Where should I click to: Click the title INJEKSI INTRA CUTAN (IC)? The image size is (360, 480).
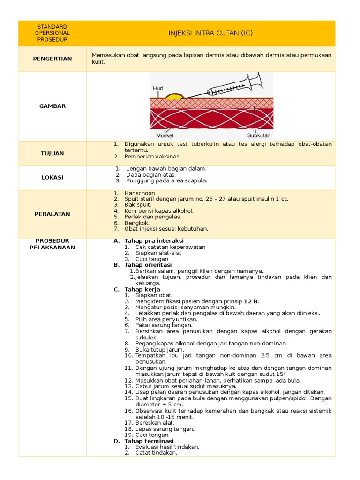pos(210,33)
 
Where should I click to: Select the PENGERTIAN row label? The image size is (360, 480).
pos(52,59)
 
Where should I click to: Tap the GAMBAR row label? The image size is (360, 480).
pos(52,106)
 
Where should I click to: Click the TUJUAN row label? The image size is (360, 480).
pos(52,153)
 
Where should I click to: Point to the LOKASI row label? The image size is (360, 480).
pos(52,178)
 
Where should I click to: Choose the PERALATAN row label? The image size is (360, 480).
pos(52,214)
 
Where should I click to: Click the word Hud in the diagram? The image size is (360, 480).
pos(158,88)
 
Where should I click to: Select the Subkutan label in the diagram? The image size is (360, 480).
pos(259,135)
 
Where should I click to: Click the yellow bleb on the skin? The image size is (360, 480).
pos(175,97)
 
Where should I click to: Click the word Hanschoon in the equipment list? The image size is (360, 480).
pos(140,193)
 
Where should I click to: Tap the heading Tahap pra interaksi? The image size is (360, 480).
pos(154,241)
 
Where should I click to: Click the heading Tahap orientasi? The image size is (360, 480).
pos(148,265)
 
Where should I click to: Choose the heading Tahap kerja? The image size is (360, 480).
pos(142,289)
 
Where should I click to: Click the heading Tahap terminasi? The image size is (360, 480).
pos(149,441)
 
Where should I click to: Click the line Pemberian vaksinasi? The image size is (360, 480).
pos(153,157)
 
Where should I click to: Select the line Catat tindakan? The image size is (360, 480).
pos(156,453)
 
